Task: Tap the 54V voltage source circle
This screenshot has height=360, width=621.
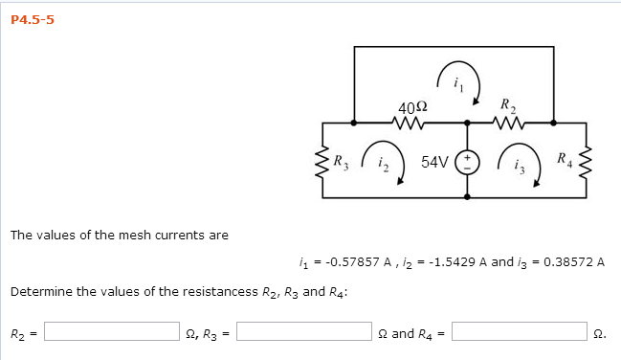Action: [468, 161]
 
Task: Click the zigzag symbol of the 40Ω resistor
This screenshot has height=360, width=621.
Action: [410, 123]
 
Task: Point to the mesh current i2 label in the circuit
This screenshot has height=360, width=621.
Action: [382, 164]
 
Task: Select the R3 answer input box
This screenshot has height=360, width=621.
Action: [305, 332]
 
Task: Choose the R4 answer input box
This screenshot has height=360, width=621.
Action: [520, 332]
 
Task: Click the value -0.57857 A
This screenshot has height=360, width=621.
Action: [351, 260]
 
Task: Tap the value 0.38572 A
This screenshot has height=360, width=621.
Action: [573, 260]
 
